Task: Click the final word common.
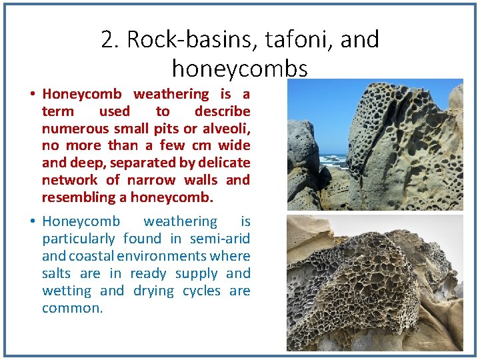pos(72,308)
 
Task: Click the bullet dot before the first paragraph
pos(33,94)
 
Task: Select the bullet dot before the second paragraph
pos(33,221)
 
